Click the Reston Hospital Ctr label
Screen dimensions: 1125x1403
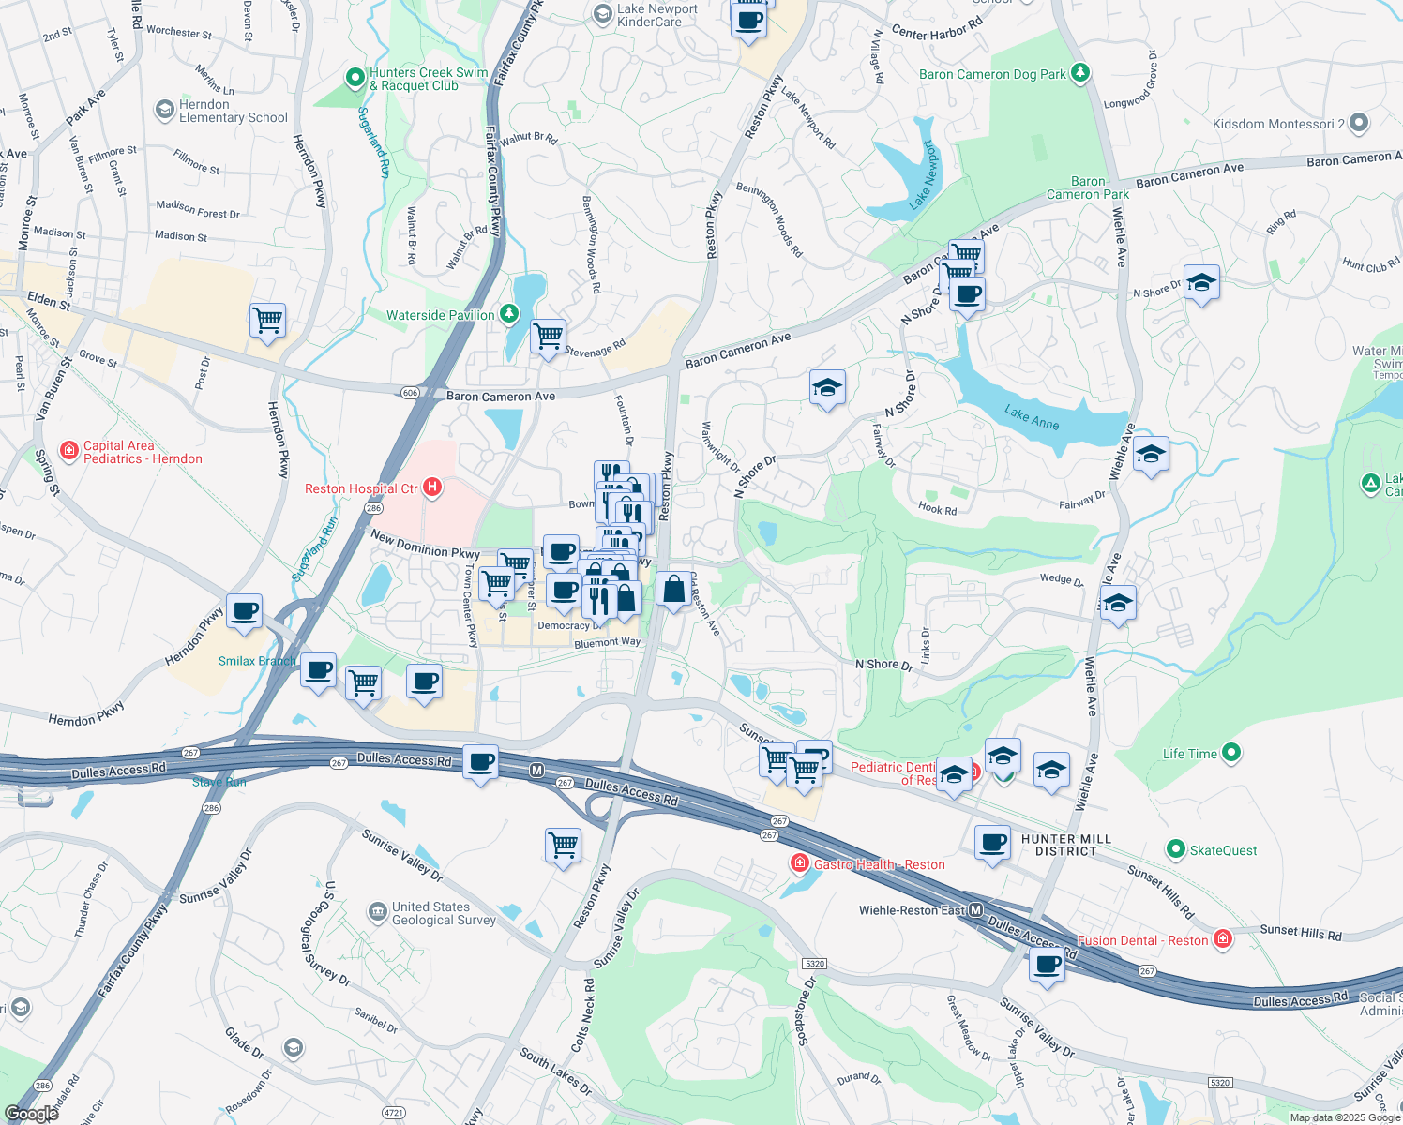click(361, 488)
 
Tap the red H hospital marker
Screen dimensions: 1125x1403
click(432, 487)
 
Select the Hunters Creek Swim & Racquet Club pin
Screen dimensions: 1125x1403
click(355, 78)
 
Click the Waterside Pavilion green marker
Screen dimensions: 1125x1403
click(509, 313)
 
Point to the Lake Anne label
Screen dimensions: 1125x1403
click(1032, 417)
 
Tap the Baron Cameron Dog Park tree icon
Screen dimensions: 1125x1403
click(1080, 73)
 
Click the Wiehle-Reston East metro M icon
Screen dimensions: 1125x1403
click(976, 910)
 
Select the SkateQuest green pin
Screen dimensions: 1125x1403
click(1175, 849)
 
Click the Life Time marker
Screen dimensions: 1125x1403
click(1232, 752)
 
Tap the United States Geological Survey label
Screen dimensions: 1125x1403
click(444, 913)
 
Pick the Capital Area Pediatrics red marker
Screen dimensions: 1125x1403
click(69, 451)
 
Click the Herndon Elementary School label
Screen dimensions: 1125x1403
click(234, 111)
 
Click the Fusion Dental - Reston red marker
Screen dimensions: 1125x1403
click(1223, 938)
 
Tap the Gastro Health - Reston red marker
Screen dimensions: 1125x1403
click(799, 862)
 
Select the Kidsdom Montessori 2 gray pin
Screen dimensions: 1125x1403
click(1359, 123)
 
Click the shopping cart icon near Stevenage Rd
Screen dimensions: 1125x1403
click(548, 335)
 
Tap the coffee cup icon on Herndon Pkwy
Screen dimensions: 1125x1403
click(245, 611)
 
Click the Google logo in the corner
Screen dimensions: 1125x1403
click(31, 1114)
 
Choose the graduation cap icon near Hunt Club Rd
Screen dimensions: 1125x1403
click(1201, 282)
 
